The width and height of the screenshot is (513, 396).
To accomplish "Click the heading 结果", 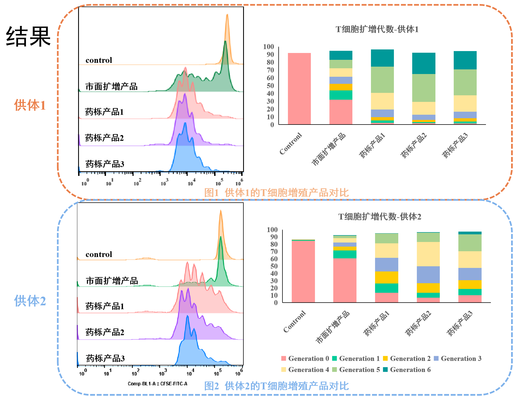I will (28, 37).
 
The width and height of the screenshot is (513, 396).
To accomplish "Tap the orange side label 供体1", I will (30, 105).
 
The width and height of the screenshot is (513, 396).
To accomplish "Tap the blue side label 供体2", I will (30, 301).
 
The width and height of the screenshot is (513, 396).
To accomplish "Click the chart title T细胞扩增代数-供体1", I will (377, 29).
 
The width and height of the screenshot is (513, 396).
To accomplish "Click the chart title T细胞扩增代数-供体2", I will (380, 217).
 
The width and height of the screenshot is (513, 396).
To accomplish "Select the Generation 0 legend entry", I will (305, 359).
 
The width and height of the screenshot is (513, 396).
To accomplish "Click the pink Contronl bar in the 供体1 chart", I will (299, 89).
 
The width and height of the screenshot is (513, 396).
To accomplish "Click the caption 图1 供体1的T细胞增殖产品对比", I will (276, 193).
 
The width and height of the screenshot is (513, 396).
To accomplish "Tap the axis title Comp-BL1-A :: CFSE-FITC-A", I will (158, 384).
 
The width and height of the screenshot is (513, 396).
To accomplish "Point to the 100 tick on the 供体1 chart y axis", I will (269, 47).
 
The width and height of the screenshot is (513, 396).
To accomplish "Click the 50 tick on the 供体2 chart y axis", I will (274, 266).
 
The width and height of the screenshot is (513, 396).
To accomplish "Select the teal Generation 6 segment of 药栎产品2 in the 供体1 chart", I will (424, 63).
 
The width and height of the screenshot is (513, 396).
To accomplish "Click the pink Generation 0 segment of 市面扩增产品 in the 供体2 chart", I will (345, 280).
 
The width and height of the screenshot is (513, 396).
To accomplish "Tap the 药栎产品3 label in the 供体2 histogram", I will (105, 358).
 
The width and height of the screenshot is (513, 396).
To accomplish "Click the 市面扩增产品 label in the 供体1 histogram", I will (111, 87).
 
